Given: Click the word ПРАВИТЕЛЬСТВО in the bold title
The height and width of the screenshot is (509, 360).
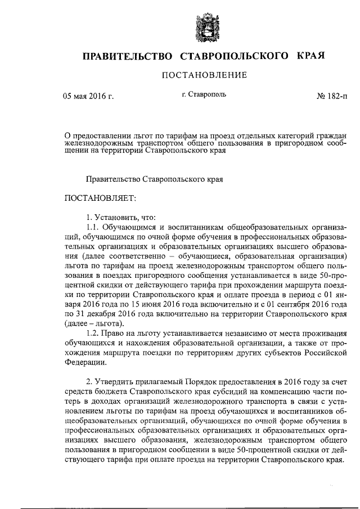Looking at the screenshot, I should pos(127,56).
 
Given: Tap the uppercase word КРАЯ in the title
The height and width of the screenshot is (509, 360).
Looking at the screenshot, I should pos(308,56).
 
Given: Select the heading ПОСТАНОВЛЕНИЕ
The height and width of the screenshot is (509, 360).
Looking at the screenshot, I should pos(204,76).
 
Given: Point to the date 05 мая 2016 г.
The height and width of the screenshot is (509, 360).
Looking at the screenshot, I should pos(88,96).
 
